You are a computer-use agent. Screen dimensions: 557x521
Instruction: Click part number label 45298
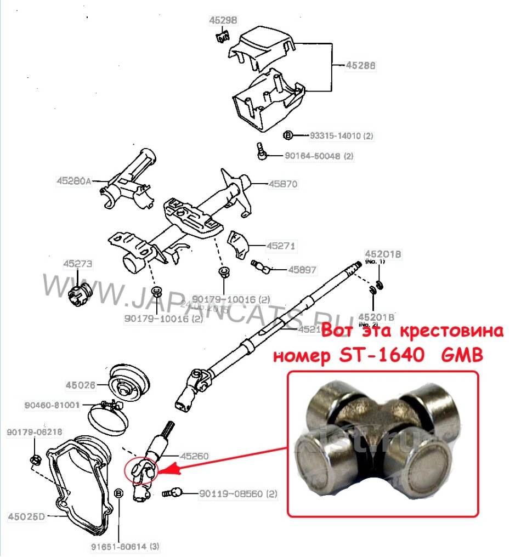(x=223, y=21)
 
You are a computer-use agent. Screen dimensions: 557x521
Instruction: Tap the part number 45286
(x=360, y=65)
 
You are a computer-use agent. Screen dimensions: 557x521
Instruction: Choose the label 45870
(x=283, y=184)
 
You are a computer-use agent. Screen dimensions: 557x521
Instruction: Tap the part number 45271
(x=280, y=246)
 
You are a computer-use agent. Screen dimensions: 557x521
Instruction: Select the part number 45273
(x=78, y=264)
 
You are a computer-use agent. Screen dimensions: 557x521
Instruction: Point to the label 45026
(x=81, y=384)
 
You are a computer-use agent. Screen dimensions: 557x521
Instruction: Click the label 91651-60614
(x=118, y=546)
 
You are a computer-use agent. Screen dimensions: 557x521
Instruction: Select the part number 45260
(x=195, y=456)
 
